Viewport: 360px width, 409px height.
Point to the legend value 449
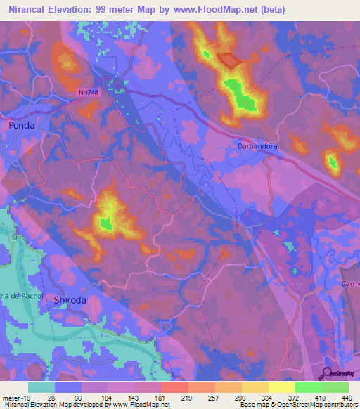[346, 398]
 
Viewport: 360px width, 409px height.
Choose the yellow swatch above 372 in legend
[281, 387]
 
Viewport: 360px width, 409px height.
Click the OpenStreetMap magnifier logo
[328, 374]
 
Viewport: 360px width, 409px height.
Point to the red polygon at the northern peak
[229, 61]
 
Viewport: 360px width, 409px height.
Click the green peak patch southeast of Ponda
[105, 223]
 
